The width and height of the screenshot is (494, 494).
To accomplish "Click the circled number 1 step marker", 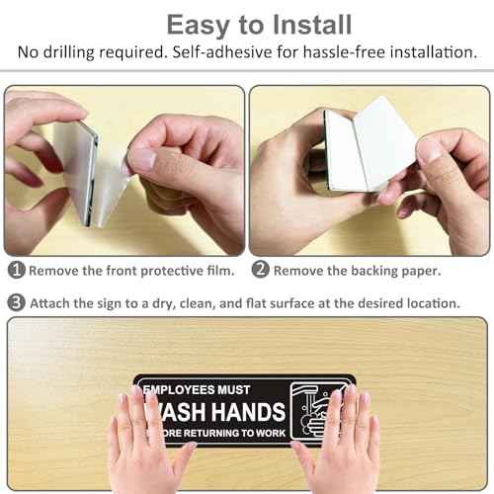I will click(16, 269).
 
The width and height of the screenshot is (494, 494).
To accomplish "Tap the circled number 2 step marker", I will click(260, 269).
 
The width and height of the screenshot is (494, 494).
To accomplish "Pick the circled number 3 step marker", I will click(16, 302).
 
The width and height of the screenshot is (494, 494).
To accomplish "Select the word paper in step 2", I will click(420, 269).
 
